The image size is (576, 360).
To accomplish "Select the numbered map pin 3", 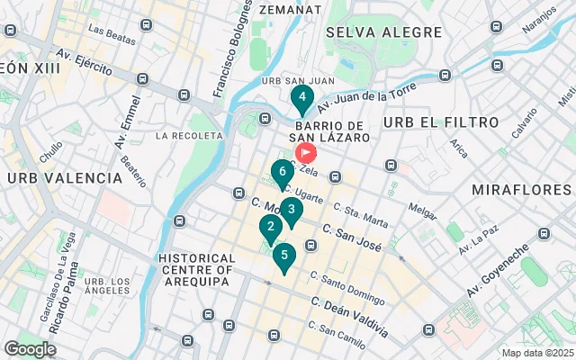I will [291, 211].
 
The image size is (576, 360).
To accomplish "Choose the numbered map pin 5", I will [284, 256].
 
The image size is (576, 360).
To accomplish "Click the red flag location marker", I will [306, 154].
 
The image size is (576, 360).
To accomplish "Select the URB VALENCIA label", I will [64, 178].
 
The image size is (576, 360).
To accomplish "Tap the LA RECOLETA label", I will [188, 136].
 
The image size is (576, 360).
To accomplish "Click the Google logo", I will [31, 348].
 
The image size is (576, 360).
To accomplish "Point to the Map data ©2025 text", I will [536, 353].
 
